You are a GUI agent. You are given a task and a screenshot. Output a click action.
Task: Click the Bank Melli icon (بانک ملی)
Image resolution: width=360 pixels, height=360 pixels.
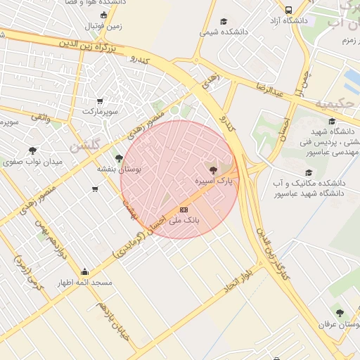[x=184, y=210]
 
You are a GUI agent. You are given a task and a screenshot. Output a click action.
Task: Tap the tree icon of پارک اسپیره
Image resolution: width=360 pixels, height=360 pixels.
[x=213, y=170]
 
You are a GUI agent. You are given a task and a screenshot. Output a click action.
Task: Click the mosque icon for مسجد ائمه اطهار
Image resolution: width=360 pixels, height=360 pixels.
[x=85, y=272]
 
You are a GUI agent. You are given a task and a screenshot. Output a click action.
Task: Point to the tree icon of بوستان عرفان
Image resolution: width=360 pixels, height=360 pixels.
[x=340, y=313]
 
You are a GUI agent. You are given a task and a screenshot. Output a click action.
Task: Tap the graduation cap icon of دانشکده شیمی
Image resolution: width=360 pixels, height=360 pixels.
[x=224, y=21]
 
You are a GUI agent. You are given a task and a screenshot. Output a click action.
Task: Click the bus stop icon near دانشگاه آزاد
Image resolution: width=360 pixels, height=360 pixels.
[x=289, y=10]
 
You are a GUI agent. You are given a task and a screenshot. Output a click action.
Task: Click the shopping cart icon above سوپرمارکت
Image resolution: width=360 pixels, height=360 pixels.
[x=99, y=101]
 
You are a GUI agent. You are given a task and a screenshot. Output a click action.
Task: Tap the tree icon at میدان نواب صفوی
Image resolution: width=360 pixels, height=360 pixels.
[x=32, y=150]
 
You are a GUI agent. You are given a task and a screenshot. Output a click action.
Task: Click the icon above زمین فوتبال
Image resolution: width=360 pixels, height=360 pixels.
[x=104, y=15]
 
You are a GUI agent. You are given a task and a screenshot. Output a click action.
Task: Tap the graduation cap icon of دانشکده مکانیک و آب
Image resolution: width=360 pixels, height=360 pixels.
[x=307, y=172]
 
